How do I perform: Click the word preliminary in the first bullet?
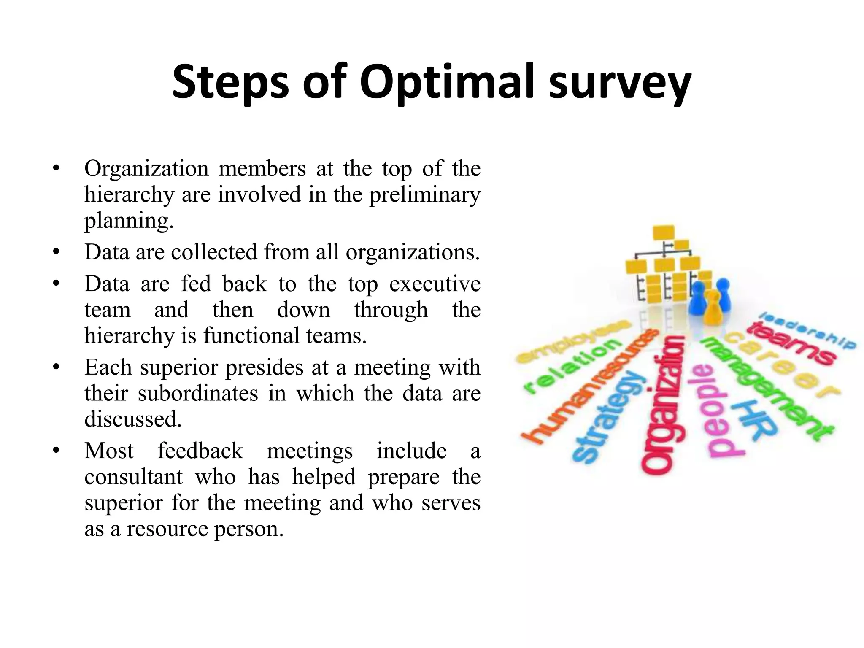tap(425, 195)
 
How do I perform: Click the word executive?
tap(435, 283)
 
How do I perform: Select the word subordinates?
tap(198, 393)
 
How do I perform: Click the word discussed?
tap(133, 419)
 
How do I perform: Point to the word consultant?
tap(133, 477)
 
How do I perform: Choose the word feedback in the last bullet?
tap(200, 451)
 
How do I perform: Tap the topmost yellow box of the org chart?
tap(664, 232)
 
